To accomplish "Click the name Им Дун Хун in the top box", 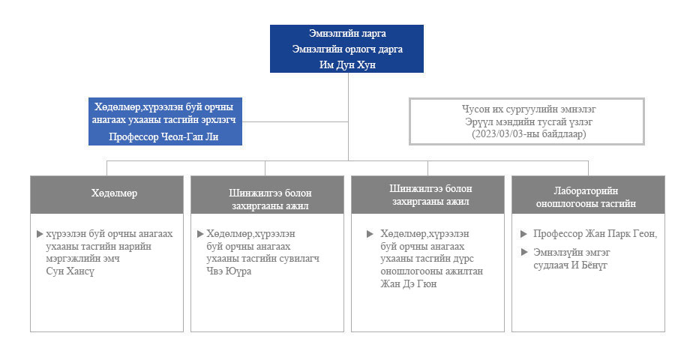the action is pos(347,64).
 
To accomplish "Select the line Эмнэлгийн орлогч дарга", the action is pos(347,49).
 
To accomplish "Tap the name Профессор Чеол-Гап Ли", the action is pos(163,136).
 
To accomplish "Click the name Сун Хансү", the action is pos(70,271).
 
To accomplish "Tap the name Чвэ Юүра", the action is pos(229,271).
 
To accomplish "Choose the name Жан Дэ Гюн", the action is pos(408,283).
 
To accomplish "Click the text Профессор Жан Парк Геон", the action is pos(594,234).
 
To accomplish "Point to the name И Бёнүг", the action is pos(589,265).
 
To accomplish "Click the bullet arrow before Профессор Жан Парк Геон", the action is pos(524,233).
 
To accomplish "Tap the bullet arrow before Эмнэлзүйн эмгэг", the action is pos(524,252).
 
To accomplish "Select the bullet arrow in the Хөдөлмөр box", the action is pos(40,233).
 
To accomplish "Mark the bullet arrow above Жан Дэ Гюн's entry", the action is pos(370,233).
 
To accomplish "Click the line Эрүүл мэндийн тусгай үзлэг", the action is pos(529,121).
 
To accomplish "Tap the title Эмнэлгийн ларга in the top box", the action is pos(347,33).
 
